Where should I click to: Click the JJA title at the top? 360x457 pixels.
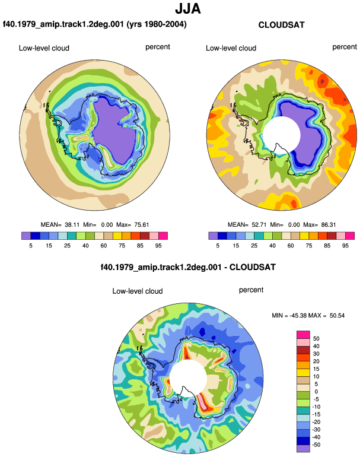(188, 9)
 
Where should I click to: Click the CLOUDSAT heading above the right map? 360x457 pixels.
(281, 25)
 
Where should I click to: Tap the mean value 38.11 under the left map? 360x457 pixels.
(72, 225)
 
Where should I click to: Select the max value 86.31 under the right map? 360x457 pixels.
(328, 225)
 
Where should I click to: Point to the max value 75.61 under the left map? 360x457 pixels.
(142, 225)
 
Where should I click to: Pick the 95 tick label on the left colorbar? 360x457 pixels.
(158, 246)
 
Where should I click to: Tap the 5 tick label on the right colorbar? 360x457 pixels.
(218, 246)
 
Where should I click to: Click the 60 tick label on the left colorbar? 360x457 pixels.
(104, 246)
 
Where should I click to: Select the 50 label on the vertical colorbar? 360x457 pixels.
(316, 339)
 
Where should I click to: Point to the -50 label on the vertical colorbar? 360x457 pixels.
(316, 445)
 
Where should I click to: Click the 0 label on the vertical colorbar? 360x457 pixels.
(316, 392)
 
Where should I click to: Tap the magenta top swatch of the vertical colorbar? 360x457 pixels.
(303, 335)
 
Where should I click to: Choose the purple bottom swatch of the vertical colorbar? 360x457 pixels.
(303, 449)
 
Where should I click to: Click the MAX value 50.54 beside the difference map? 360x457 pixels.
(337, 315)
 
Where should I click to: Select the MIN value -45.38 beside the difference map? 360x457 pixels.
(298, 315)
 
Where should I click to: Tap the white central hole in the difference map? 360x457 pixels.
(188, 378)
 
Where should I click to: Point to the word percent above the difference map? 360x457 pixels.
(251, 290)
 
